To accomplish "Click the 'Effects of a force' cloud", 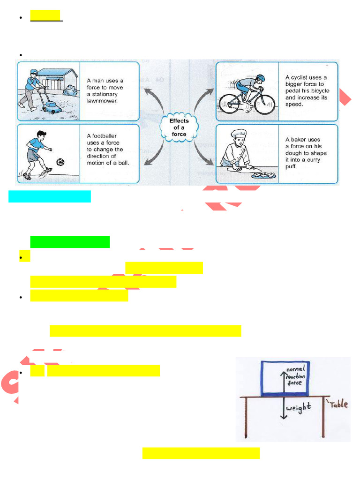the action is click(x=179, y=127).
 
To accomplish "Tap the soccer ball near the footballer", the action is click(x=60, y=162).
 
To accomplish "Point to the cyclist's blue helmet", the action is click(x=260, y=78).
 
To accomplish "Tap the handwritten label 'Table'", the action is click(x=338, y=404).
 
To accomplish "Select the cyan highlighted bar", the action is click(x=50, y=196).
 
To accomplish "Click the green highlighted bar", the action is click(x=70, y=242).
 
